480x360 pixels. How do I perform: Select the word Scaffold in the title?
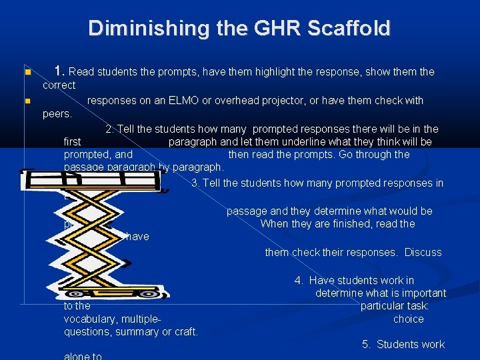click(351, 29)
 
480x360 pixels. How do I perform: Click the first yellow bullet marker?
click(27, 72)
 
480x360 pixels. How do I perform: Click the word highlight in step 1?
click(235, 71)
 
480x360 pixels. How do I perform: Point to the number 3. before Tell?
click(196, 183)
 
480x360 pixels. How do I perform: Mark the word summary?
click(139, 331)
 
